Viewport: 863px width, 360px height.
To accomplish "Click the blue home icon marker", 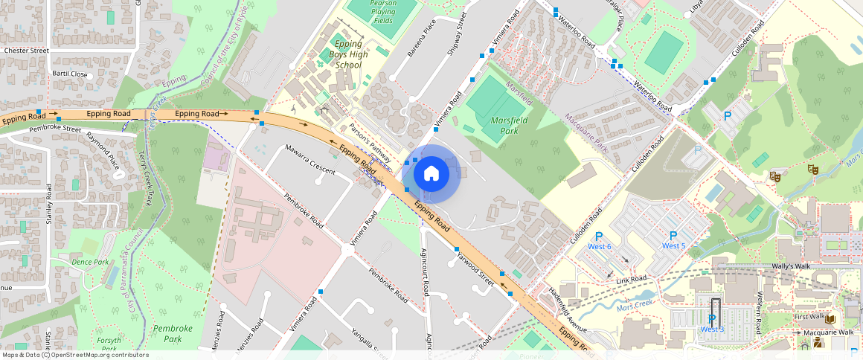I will tap(431, 174).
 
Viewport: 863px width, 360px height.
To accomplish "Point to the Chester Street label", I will tap(26, 51).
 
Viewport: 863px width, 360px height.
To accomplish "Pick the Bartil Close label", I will tap(69, 74).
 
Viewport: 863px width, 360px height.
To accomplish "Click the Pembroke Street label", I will tap(55, 129).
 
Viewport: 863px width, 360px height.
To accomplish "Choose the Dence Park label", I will tap(90, 262).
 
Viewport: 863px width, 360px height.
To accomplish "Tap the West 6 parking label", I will tap(599, 246).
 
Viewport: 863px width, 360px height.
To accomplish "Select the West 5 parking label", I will tap(673, 245).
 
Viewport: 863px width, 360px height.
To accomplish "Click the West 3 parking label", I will tap(712, 329).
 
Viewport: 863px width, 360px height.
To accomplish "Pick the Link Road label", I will tap(631, 279).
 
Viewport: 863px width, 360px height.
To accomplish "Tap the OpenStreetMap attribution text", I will tap(74, 355).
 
